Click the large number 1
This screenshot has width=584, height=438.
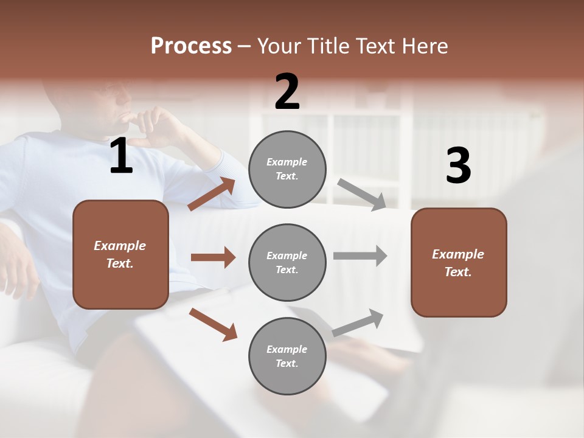coord(121,157)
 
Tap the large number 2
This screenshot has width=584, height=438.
coord(287,92)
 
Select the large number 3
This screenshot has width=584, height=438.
coord(458,166)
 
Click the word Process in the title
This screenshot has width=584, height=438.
coord(191,46)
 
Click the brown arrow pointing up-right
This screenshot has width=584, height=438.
coord(212,194)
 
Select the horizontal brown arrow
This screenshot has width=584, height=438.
coord(213,257)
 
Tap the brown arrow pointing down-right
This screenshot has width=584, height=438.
coord(213,324)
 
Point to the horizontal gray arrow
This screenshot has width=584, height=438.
coord(360,255)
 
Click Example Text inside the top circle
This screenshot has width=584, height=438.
coord(287,169)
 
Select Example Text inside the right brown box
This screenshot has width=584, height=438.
coord(458,263)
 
